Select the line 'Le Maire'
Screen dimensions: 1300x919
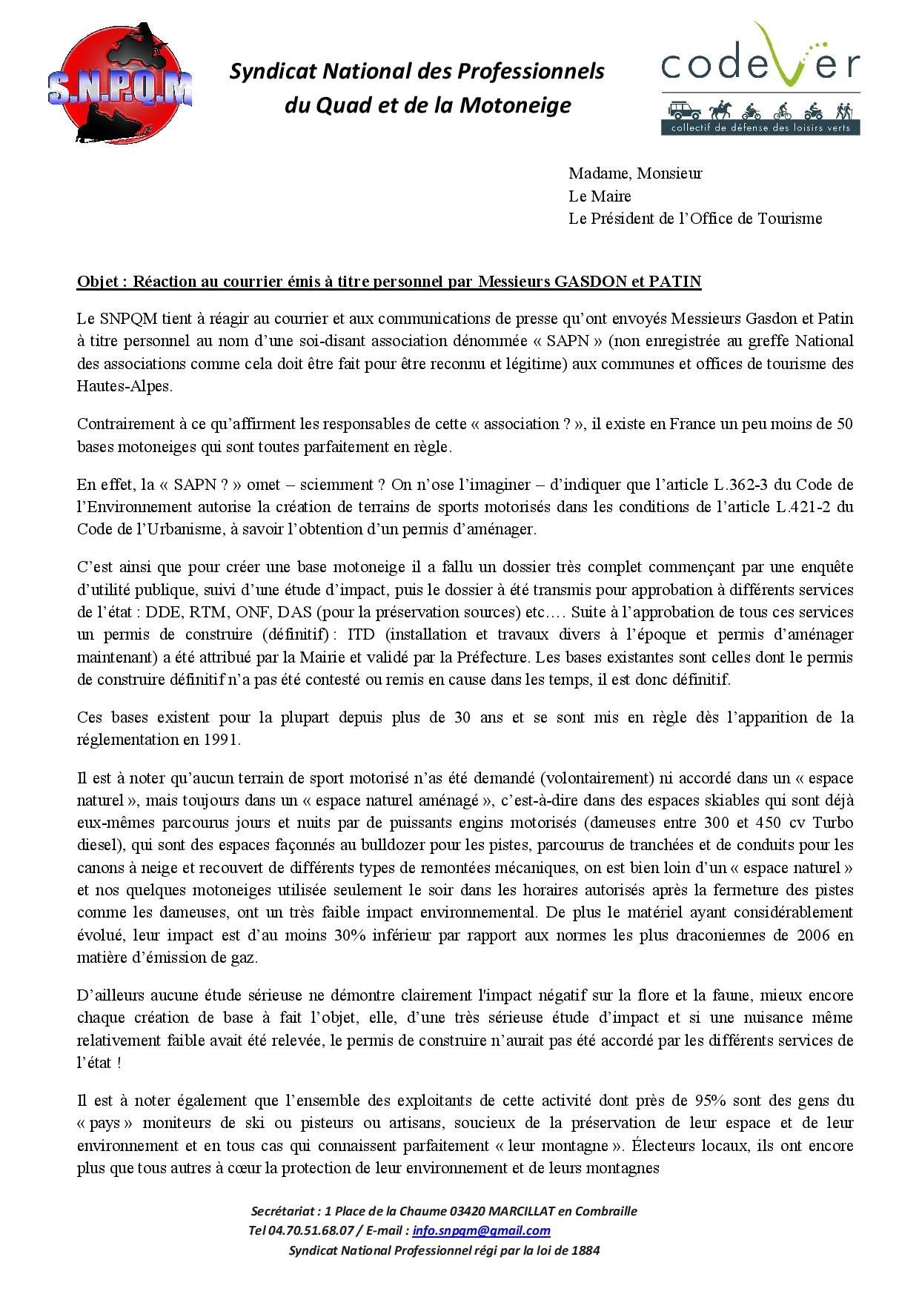(x=600, y=196)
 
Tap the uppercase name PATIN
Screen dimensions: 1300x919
(x=675, y=282)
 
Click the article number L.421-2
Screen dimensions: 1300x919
(x=810, y=508)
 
